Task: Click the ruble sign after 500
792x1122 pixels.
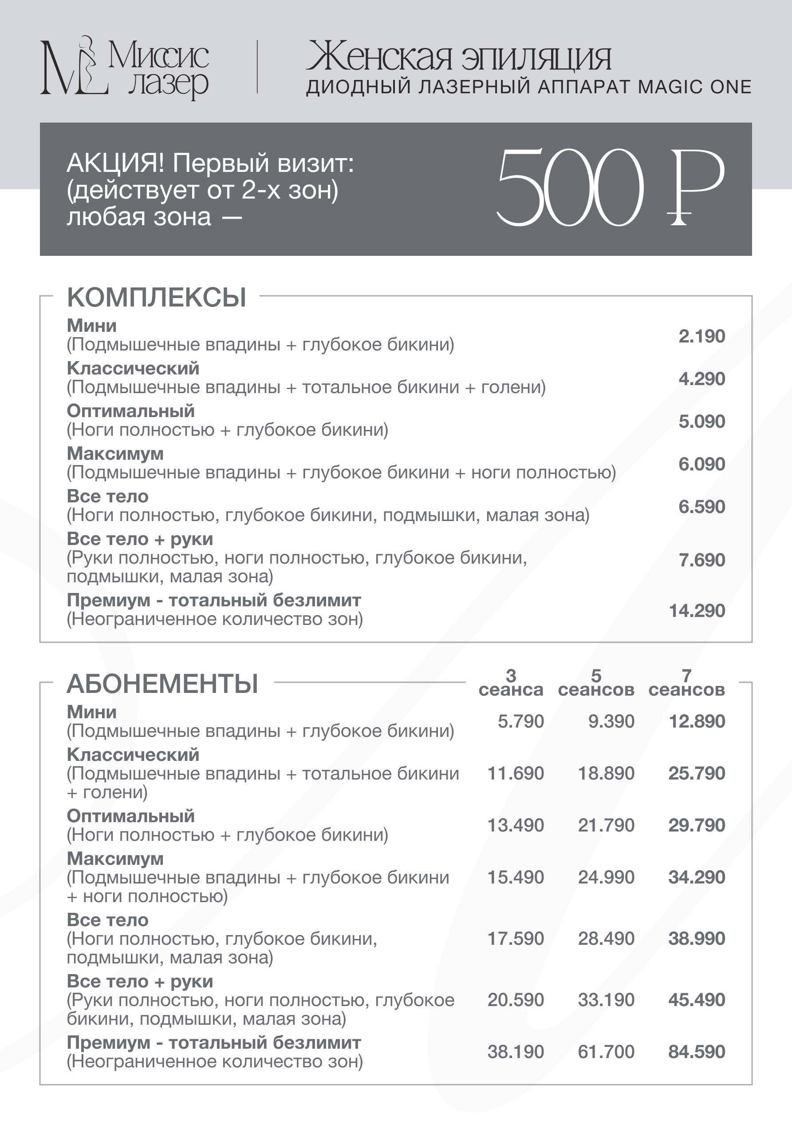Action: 696,188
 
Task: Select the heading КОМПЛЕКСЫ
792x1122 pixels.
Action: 156,297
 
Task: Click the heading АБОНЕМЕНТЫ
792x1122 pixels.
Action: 162,684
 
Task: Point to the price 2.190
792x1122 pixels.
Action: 701,336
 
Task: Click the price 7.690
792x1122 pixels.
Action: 701,560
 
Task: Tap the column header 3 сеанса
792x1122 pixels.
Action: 511,683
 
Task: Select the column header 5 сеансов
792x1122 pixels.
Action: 596,683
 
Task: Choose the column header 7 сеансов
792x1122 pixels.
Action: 686,683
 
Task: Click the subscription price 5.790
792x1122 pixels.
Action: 520,721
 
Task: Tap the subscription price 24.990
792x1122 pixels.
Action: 606,877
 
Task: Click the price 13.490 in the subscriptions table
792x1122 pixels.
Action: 516,825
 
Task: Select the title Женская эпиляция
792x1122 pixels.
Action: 458,58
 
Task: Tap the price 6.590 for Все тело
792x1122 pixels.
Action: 701,507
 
